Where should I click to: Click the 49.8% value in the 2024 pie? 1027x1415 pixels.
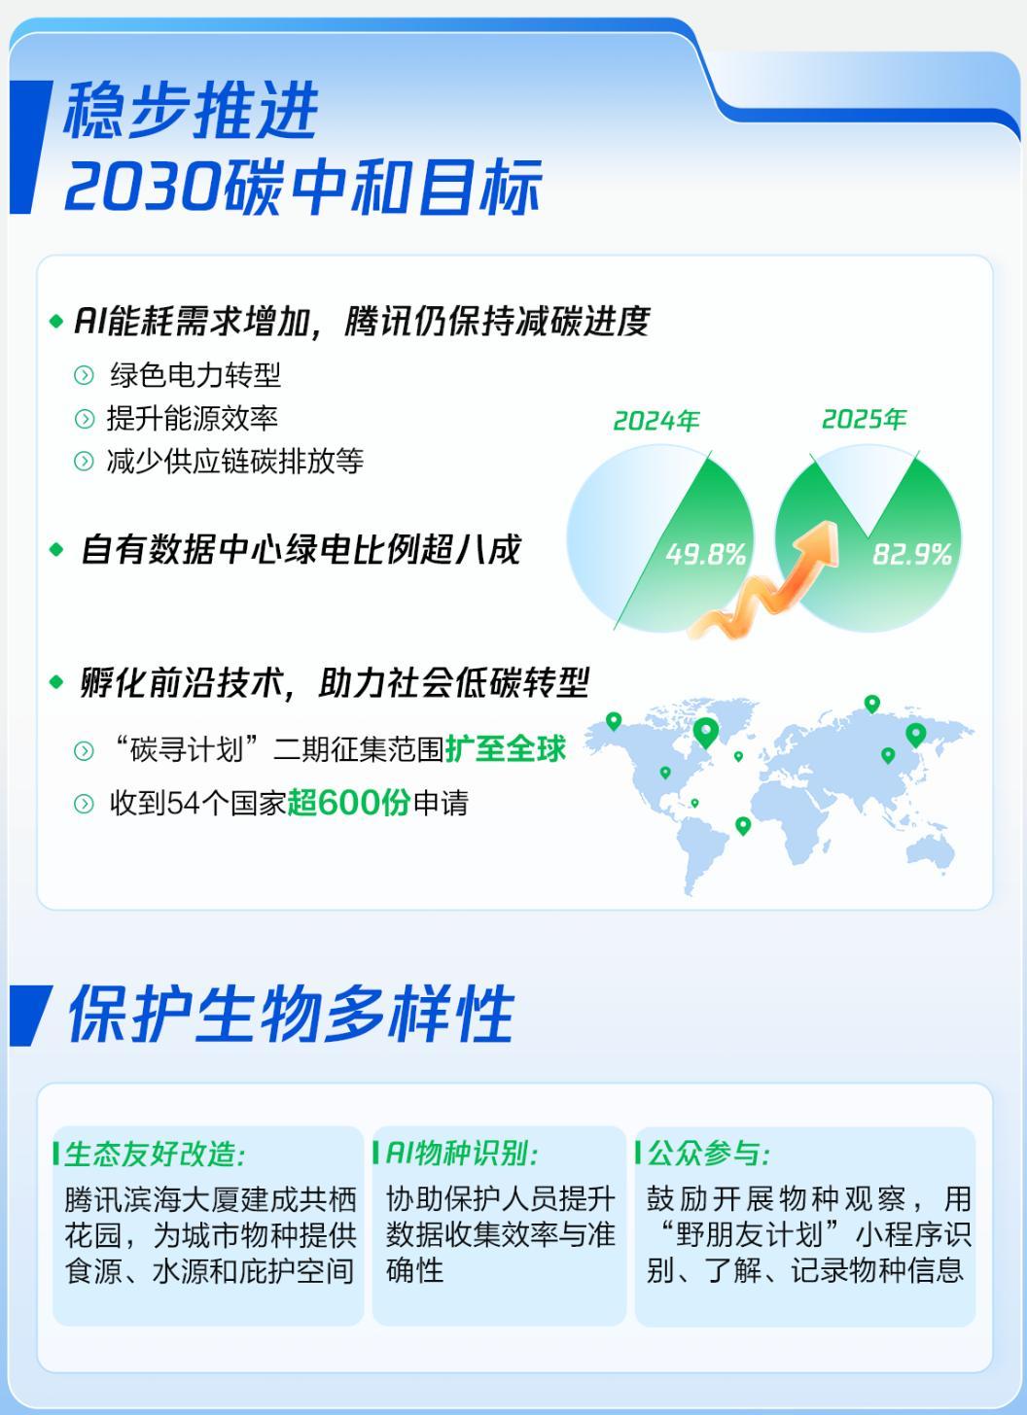[705, 554]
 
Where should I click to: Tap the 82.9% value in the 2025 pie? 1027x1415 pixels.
[911, 554]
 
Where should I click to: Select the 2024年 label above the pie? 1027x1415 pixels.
[656, 421]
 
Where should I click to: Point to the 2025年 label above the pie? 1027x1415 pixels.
[864, 419]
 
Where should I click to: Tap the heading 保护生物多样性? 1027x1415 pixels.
[290, 1015]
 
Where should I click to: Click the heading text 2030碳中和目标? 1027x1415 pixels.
[302, 188]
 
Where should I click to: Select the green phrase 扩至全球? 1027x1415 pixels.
[505, 749]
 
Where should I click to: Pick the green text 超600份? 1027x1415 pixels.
[348, 804]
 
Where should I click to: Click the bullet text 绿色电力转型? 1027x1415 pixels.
[195, 375]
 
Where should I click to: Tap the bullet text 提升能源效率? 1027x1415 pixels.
[193, 418]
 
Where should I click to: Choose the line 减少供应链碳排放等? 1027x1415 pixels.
[235, 461]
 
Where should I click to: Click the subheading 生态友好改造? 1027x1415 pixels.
[155, 1155]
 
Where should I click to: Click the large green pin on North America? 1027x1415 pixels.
[706, 732]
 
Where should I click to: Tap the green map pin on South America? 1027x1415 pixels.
[743, 825]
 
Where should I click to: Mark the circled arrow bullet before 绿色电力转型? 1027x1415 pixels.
[85, 376]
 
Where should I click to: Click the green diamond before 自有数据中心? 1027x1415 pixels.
[56, 550]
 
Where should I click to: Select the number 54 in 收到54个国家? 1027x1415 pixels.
[183, 804]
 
